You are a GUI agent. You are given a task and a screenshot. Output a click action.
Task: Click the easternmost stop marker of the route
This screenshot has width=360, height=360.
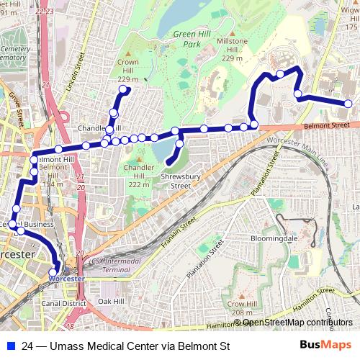click(x=348, y=104)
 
